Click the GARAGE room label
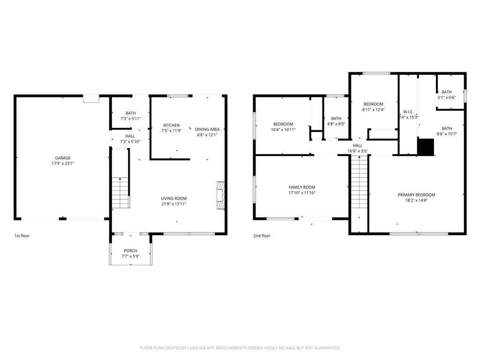[x=62, y=158]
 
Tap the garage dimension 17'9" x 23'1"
[x=62, y=164]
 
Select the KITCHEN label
[x=171, y=125]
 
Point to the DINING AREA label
[x=207, y=129]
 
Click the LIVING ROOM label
[x=174, y=198]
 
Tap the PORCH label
[x=130, y=251]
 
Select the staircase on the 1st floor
[x=120, y=193]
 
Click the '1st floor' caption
[x=22, y=236]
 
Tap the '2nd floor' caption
[x=262, y=236]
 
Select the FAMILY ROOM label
[x=302, y=187]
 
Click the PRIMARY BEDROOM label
[x=416, y=195]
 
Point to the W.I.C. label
[x=408, y=112]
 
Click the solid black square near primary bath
[x=426, y=147]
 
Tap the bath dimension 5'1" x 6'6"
[x=447, y=98]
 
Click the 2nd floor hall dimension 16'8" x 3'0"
[x=357, y=151]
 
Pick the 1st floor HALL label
[x=130, y=136]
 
